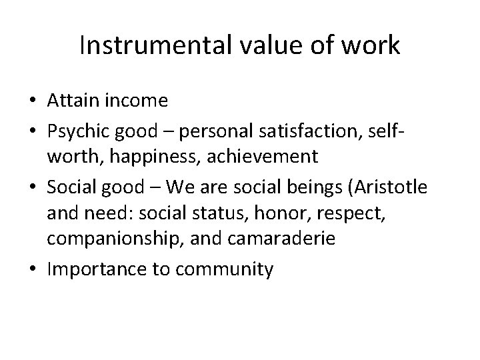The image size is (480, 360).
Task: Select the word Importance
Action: [94, 270]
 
